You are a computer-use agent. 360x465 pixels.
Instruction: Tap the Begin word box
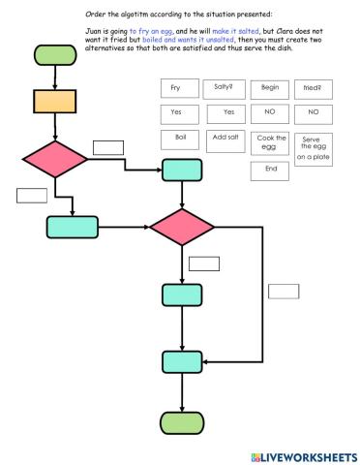pos(269,88)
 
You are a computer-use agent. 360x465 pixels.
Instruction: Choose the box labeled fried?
pos(313,88)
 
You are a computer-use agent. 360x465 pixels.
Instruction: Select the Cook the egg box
pos(269,142)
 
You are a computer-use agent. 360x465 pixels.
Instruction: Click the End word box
pos(269,170)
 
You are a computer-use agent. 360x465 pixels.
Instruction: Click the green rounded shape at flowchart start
pos(54,54)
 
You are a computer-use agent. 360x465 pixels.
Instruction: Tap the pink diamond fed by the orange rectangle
pos(55,160)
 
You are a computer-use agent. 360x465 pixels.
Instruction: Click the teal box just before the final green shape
pos(183,361)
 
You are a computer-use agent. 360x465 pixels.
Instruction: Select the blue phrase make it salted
pos(238,31)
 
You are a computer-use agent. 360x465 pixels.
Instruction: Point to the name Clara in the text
pos(289,31)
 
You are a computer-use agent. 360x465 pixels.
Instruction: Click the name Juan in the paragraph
pos(95,31)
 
